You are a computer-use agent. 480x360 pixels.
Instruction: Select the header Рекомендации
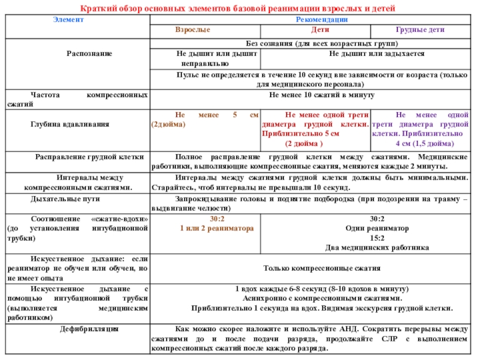(313, 20)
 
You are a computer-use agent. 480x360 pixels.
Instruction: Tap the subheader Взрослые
(192, 29)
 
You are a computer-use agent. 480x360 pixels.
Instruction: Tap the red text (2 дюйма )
(304, 144)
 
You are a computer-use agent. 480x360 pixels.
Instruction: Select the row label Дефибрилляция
(89, 328)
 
